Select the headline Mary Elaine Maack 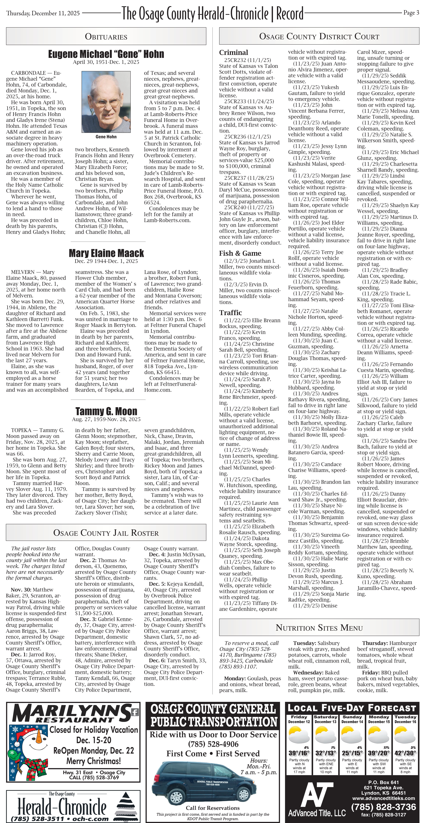106,253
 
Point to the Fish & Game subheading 240,253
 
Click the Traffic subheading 230,313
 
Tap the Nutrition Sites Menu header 319,627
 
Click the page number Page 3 411,13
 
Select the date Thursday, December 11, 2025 43,13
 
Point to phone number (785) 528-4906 213,744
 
